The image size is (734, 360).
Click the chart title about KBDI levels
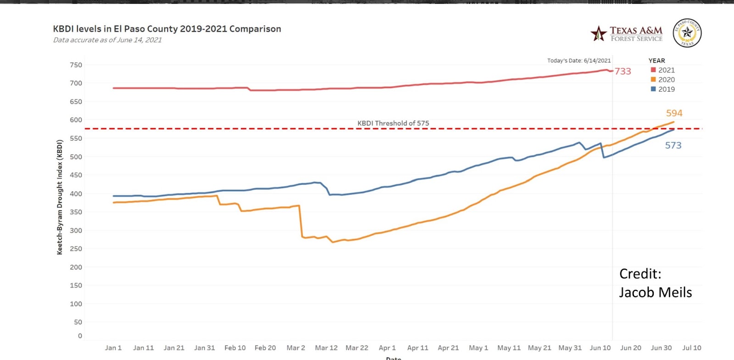point(167,29)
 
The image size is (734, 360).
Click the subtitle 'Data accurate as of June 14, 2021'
point(107,40)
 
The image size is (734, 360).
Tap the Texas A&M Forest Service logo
point(627,33)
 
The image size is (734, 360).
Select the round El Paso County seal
point(687,33)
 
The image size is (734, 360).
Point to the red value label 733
point(623,72)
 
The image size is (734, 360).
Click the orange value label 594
point(674,113)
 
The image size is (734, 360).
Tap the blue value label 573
point(673,145)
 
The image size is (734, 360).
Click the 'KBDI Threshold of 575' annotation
point(393,123)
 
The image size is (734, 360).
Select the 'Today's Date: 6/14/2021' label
point(578,61)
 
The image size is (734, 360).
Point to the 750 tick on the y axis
point(76,65)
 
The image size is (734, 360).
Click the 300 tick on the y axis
point(76,231)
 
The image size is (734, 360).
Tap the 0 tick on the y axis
point(80,336)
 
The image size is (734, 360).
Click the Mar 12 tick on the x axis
point(326,348)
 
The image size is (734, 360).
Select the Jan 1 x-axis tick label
point(113,348)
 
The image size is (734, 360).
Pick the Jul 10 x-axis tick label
point(691,348)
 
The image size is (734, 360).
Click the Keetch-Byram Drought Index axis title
point(60,197)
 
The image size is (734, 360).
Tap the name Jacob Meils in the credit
point(655,293)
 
